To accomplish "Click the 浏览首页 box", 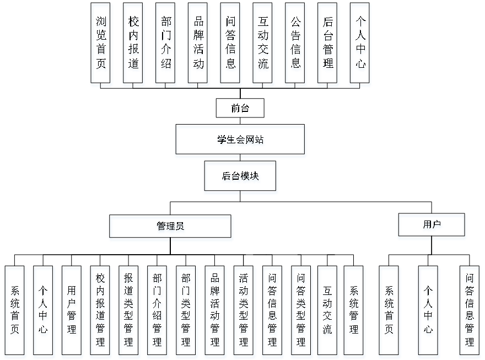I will (101, 45).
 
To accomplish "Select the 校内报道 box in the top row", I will (134, 45).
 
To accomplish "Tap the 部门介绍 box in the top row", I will (166, 45).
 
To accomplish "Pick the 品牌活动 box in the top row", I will (198, 45).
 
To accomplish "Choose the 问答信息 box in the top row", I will (231, 45).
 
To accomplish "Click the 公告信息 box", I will (296, 45).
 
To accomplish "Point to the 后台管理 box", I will (328, 45).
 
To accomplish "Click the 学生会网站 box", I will (240, 141).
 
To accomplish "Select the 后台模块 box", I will (241, 178).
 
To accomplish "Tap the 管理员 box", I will (171, 228).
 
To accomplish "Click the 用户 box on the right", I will (432, 227).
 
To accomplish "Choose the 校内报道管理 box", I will (100, 311).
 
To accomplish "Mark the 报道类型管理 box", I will (129, 311).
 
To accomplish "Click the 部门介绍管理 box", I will (158, 311).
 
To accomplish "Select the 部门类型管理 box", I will (187, 311).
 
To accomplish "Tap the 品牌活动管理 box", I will (215, 311).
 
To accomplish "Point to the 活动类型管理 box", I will (244, 311).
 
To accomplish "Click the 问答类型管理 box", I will (301, 311).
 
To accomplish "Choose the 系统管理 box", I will (354, 311).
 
